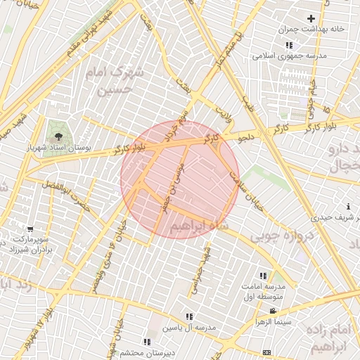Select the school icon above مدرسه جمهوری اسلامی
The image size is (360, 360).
click(x=288, y=46)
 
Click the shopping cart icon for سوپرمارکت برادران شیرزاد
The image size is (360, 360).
click(x=30, y=229)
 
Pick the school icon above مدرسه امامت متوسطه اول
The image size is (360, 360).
click(x=263, y=276)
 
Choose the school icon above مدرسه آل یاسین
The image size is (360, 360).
click(x=189, y=316)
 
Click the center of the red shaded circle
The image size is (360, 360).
click(x=180, y=179)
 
